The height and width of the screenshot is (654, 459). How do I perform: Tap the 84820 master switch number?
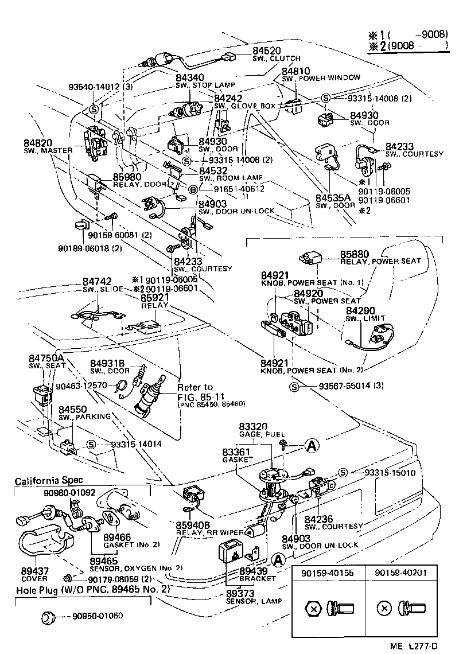(x=38, y=143)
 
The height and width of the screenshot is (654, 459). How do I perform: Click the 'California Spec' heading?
(x=49, y=480)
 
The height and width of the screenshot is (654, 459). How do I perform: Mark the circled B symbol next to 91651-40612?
(x=193, y=189)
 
